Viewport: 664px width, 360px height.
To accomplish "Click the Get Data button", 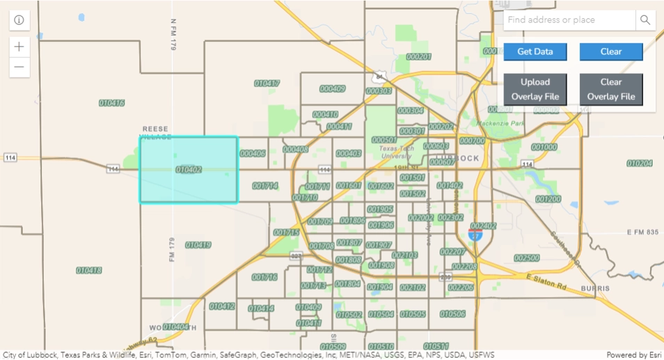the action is [535, 52].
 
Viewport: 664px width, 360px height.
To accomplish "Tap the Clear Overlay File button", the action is [610, 89].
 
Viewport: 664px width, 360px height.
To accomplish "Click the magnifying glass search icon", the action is [645, 20].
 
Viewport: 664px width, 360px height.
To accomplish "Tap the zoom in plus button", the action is [19, 47].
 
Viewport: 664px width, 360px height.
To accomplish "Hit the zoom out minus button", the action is [19, 67].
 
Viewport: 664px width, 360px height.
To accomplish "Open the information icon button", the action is [19, 20].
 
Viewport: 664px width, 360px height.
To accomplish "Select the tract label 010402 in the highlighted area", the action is [189, 169].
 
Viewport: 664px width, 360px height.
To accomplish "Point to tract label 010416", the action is [111, 102].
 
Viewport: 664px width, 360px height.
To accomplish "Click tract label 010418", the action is [89, 270].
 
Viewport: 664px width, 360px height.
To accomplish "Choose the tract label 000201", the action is [418, 56].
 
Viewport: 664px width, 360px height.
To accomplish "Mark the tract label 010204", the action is [640, 163].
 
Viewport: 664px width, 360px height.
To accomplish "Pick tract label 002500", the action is [526, 258].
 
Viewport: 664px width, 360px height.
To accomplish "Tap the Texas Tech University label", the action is [397, 152].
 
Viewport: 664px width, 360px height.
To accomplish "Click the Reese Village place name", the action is [157, 133].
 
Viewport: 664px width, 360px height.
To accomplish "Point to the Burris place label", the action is [596, 288].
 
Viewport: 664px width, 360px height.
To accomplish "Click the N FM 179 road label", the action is [173, 34].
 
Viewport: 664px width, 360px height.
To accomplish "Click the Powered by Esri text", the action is [633, 355].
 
